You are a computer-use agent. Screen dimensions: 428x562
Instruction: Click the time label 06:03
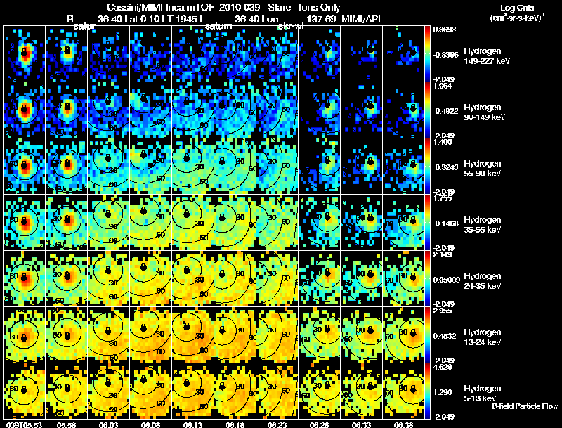point(109,424)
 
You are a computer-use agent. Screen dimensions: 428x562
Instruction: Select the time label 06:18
point(236,424)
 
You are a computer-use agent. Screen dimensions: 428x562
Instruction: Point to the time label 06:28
point(320,424)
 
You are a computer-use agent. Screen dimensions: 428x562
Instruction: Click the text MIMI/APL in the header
point(362,19)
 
